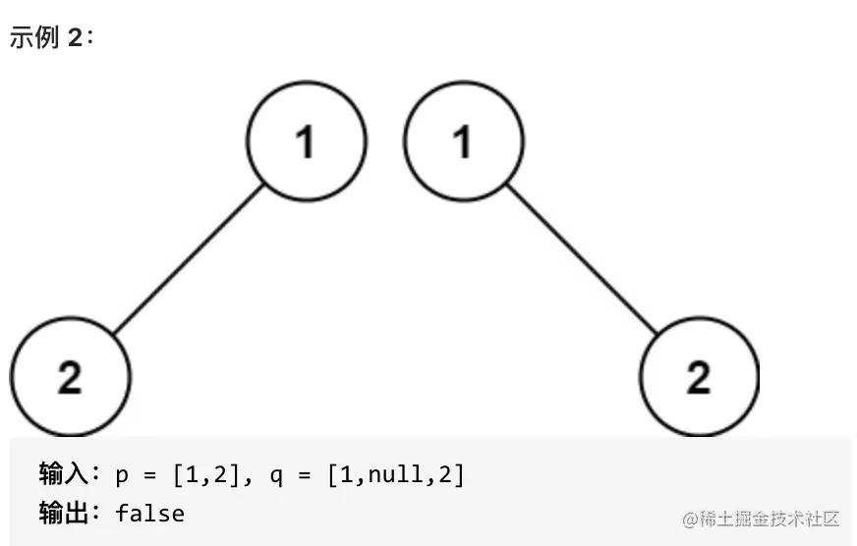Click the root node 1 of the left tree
click(306, 141)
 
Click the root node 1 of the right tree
click(464, 141)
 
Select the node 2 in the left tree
click(70, 378)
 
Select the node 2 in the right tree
click(699, 378)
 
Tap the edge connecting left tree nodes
click(189, 259)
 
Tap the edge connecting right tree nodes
click(581, 259)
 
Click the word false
click(149, 513)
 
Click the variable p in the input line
click(122, 477)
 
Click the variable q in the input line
click(275, 477)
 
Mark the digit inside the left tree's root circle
click(306, 142)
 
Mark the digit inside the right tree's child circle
click(699, 378)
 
